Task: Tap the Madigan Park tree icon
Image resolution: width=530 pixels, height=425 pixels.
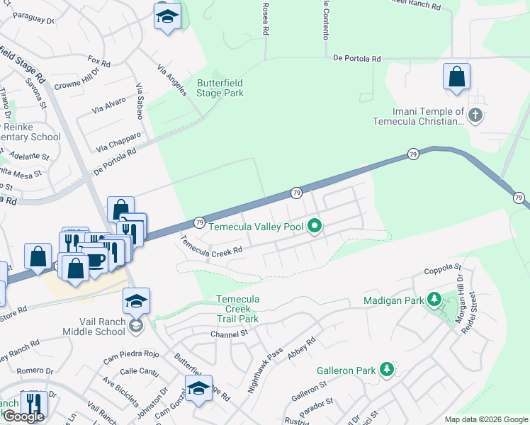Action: click(x=434, y=300)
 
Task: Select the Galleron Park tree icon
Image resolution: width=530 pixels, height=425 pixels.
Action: click(x=386, y=370)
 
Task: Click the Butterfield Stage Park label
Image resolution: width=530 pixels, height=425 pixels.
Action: click(x=220, y=88)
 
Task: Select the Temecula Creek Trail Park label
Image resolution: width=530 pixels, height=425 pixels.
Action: click(x=237, y=309)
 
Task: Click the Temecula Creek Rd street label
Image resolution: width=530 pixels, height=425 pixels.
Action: click(x=211, y=246)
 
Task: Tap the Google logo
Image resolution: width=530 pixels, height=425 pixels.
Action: click(x=23, y=417)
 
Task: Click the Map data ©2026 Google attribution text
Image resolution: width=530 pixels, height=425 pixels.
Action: click(x=485, y=419)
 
